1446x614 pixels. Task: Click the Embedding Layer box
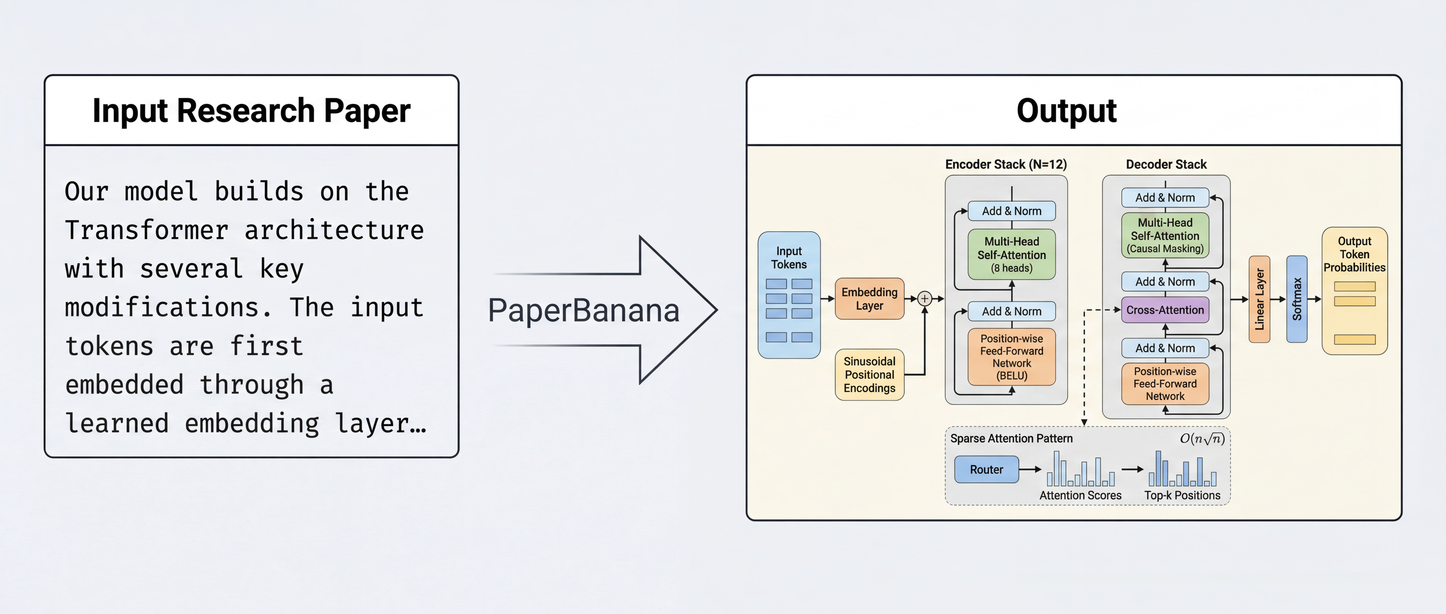click(869, 299)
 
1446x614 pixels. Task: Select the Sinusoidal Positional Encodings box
click(869, 375)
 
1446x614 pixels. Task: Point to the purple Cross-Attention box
click(1165, 310)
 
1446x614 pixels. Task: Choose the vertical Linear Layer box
click(1259, 299)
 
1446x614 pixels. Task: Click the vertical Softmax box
click(1297, 299)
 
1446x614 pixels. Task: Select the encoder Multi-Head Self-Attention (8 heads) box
click(1011, 254)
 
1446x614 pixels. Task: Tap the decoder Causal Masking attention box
click(1165, 235)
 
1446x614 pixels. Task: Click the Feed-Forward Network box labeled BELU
click(1011, 357)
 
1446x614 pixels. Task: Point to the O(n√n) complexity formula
click(1202, 439)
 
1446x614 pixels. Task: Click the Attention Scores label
click(1080, 495)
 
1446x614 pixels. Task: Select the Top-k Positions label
click(1182, 495)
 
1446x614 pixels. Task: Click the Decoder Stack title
click(1166, 165)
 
